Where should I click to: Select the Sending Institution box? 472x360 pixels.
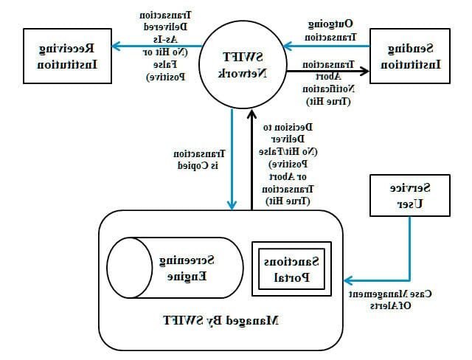408,55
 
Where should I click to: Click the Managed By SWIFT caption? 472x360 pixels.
221,321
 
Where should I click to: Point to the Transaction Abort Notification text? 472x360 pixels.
327,83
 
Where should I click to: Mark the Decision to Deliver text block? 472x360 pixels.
287,163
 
